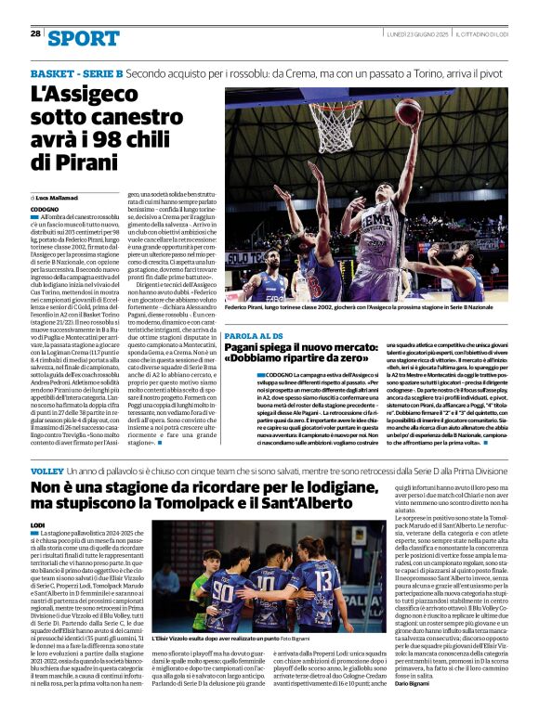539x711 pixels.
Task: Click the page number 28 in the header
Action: click(x=35, y=33)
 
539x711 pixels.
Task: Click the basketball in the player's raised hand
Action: click(x=408, y=111)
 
